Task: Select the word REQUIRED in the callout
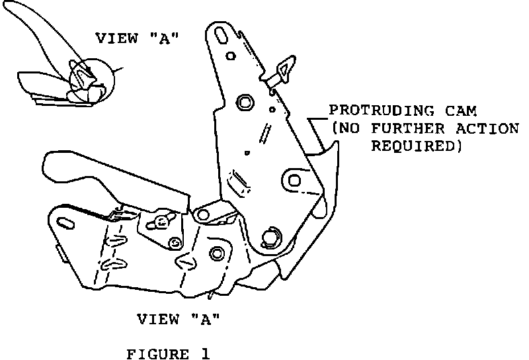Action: pyautogui.click(x=415, y=146)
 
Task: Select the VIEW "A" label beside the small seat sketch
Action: pyautogui.click(x=138, y=38)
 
